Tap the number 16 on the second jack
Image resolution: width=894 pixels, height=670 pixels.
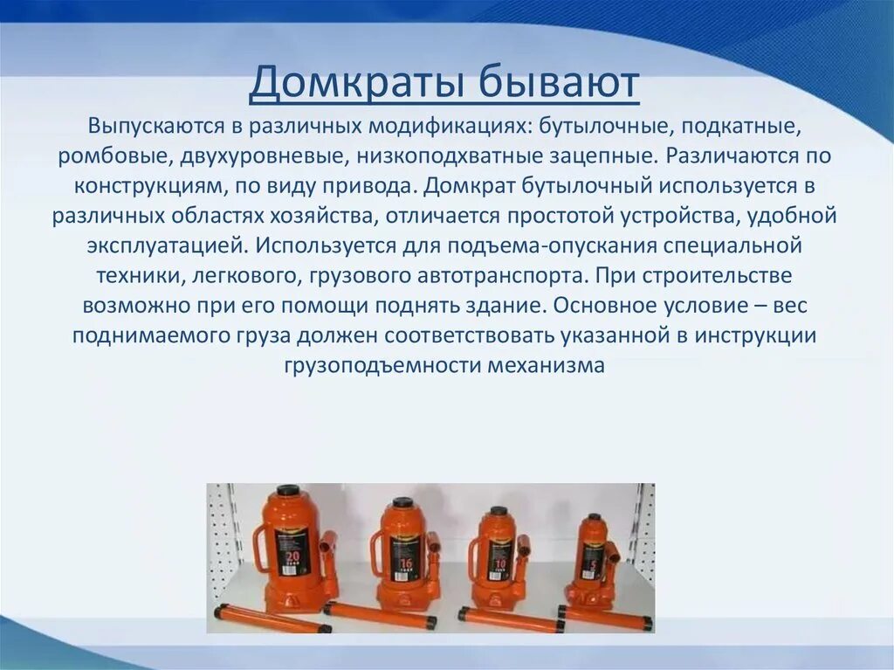pyautogui.click(x=404, y=563)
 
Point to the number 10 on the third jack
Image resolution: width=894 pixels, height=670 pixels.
pyautogui.click(x=499, y=563)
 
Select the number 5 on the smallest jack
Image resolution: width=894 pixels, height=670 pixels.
pyautogui.click(x=593, y=563)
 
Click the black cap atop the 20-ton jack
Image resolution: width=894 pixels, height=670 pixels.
pyautogui.click(x=288, y=491)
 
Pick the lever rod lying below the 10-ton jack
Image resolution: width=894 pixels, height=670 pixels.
pyautogui.click(x=511, y=619)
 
